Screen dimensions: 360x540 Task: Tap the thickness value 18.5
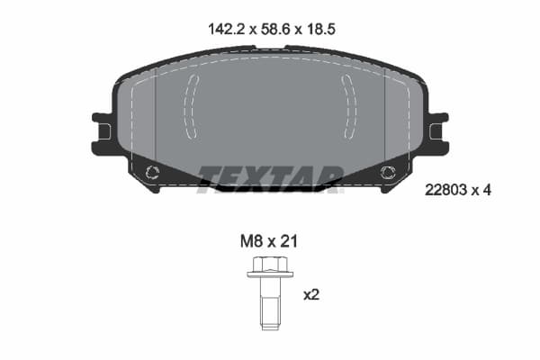(x=321, y=29)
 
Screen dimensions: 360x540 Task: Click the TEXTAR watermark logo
(x=270, y=175)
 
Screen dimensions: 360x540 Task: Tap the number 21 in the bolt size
(x=288, y=241)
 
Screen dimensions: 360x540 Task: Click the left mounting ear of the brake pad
(x=103, y=132)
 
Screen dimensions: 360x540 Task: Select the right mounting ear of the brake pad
(x=437, y=132)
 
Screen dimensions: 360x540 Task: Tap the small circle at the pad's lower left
(x=152, y=173)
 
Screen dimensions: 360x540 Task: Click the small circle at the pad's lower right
(x=388, y=173)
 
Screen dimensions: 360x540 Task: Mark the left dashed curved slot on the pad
(x=190, y=106)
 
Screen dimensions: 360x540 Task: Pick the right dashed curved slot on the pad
(x=349, y=106)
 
